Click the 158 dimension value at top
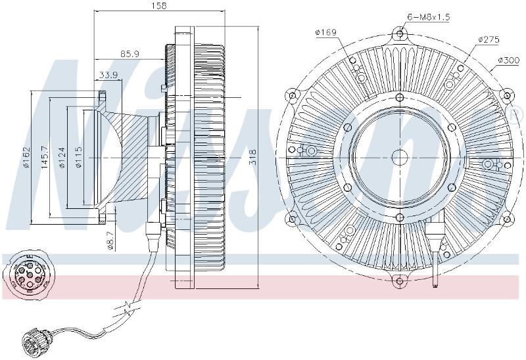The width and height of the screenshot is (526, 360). pyautogui.click(x=159, y=6)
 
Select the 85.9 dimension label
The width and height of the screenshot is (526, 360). pyautogui.click(x=130, y=54)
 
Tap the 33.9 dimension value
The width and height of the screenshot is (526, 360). pyautogui.click(x=108, y=75)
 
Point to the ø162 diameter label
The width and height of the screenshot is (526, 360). pyautogui.click(x=26, y=157)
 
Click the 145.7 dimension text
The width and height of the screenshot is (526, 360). pyautogui.click(x=45, y=157)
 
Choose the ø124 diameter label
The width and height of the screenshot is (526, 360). pyautogui.click(x=62, y=157)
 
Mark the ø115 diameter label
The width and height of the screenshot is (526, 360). pyautogui.click(x=78, y=157)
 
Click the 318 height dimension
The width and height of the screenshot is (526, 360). pyautogui.click(x=253, y=156)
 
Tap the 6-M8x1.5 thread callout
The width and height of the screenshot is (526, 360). pyautogui.click(x=429, y=17)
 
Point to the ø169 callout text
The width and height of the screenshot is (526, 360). pyautogui.click(x=325, y=32)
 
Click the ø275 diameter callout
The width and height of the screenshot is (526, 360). pyautogui.click(x=489, y=39)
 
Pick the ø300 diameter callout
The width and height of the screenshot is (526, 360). pyautogui.click(x=508, y=60)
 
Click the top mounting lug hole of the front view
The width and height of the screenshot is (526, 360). pyautogui.click(x=400, y=34)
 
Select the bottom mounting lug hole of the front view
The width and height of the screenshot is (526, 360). pyautogui.click(x=399, y=281)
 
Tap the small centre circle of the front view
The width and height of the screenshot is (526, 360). pyautogui.click(x=400, y=157)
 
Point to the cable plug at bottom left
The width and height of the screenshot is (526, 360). pyautogui.click(x=34, y=341)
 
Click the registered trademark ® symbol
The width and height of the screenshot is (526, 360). pyautogui.click(x=517, y=116)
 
